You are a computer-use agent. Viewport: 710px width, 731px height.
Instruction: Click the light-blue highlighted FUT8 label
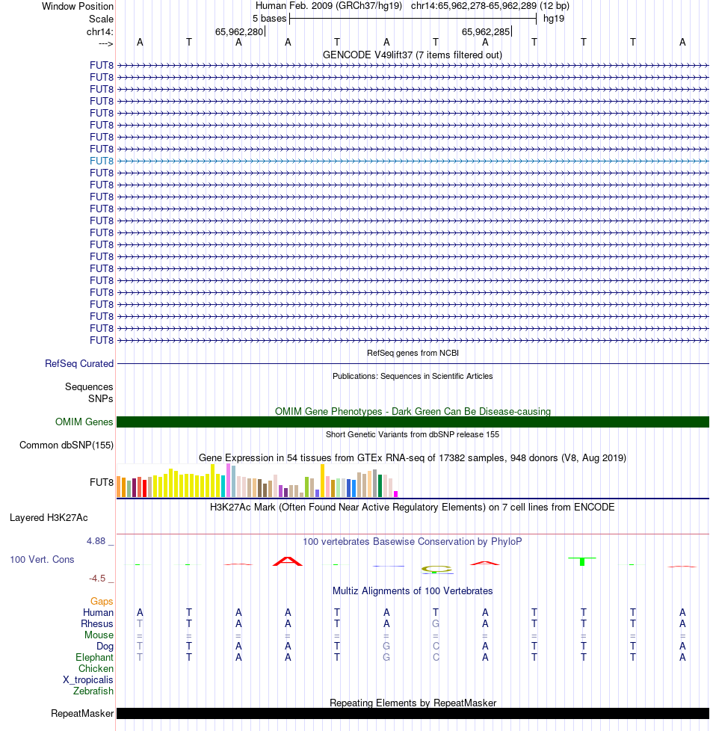pyautogui.click(x=102, y=161)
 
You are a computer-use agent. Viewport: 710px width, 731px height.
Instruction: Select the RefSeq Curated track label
pyautogui.click(x=79, y=364)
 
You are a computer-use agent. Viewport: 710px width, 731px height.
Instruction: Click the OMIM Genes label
pyautogui.click(x=84, y=422)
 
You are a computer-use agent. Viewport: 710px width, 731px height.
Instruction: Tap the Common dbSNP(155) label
pyautogui.click(x=67, y=445)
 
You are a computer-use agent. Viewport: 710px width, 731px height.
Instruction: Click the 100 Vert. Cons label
pyautogui.click(x=42, y=559)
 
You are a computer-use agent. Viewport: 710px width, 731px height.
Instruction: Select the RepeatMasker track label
pyautogui.click(x=82, y=714)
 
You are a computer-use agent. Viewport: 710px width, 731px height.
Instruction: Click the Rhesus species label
pyautogui.click(x=97, y=624)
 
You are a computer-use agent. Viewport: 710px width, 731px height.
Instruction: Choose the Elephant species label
pyautogui.click(x=95, y=658)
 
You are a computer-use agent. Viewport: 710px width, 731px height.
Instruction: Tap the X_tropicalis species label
pyautogui.click(x=88, y=680)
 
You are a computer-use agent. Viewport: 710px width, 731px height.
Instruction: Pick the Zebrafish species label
pyautogui.click(x=93, y=691)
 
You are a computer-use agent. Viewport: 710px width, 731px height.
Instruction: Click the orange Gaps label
pyautogui.click(x=102, y=601)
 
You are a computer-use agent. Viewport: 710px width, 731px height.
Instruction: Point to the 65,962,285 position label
pyautogui.click(x=486, y=32)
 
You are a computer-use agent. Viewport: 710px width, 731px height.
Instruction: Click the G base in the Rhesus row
pyautogui.click(x=436, y=624)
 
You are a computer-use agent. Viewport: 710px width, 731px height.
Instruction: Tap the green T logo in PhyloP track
pyautogui.click(x=583, y=561)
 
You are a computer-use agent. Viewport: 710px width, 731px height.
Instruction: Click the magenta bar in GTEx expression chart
pyautogui.click(x=395, y=493)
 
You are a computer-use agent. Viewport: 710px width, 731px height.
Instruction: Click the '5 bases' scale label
pyautogui.click(x=269, y=18)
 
